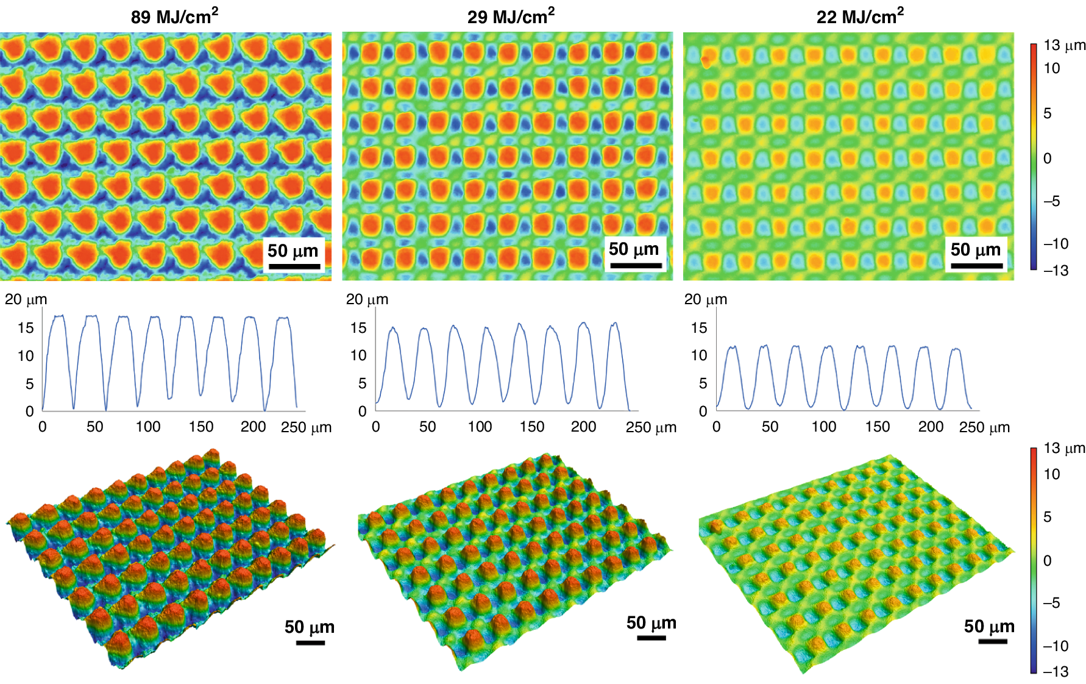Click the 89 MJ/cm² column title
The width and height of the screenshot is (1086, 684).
(x=174, y=16)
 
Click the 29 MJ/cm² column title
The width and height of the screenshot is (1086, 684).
(x=511, y=16)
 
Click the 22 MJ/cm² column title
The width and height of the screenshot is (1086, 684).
(x=860, y=16)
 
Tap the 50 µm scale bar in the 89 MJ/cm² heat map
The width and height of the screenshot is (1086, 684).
(x=294, y=266)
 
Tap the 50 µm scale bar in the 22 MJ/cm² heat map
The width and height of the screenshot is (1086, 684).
(x=976, y=266)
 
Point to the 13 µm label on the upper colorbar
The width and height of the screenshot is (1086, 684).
(x=1064, y=46)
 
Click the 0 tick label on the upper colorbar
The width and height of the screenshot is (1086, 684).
(x=1047, y=159)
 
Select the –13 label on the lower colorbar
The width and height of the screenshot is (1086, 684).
(x=1056, y=672)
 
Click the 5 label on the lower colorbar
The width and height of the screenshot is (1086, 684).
(x=1047, y=517)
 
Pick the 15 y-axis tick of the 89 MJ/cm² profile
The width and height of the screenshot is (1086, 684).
(x=26, y=328)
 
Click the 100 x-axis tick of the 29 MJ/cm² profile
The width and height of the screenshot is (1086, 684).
(x=480, y=427)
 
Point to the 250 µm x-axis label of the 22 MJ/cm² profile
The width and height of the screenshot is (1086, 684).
(x=984, y=427)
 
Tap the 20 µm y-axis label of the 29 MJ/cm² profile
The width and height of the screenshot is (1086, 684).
(x=367, y=299)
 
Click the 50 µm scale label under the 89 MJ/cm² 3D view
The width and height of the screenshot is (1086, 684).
(x=309, y=627)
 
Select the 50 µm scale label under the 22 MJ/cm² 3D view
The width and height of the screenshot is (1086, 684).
(x=988, y=626)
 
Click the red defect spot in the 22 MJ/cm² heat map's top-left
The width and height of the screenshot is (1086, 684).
(x=706, y=60)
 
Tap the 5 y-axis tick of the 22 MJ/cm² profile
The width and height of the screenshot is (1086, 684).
(x=703, y=383)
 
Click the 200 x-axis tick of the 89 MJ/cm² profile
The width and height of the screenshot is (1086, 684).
(x=253, y=427)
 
